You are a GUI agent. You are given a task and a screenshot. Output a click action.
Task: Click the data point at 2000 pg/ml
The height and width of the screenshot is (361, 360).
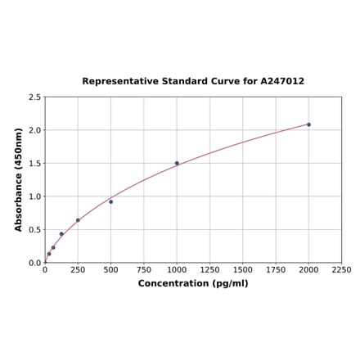(308, 124)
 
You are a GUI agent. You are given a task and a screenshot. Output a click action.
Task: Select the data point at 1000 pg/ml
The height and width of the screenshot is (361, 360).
(177, 163)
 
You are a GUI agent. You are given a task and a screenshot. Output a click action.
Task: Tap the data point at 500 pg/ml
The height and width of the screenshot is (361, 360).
(110, 201)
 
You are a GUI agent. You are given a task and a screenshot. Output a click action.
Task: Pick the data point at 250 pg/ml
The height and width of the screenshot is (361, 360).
(78, 220)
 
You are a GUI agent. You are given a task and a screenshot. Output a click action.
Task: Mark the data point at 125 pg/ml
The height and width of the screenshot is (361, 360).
(61, 234)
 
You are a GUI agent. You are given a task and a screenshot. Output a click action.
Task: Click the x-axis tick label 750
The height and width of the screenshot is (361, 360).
(143, 270)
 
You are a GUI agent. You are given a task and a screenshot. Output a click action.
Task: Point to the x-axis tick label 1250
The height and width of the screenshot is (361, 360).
(209, 270)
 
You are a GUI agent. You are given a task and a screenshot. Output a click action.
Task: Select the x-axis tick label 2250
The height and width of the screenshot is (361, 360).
(341, 270)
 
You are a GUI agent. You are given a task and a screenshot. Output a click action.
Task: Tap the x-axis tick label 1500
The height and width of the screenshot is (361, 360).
(242, 270)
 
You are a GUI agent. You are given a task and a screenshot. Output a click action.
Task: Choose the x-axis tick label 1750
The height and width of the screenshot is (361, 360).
(276, 270)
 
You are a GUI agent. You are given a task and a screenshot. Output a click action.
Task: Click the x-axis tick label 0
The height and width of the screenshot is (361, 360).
(45, 270)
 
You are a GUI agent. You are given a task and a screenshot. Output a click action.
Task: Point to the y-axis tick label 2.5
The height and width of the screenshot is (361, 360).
(35, 97)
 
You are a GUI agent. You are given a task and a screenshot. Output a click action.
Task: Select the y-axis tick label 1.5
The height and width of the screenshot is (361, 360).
(35, 164)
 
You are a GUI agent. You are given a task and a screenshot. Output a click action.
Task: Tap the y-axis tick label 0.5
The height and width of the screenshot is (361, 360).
(35, 230)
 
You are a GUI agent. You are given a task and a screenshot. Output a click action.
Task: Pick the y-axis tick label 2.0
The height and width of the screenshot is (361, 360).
(35, 130)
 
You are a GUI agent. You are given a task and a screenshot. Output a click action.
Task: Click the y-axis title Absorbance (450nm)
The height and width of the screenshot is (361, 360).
(19, 179)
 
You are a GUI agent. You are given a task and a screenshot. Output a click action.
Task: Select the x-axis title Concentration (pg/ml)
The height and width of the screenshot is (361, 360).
(193, 284)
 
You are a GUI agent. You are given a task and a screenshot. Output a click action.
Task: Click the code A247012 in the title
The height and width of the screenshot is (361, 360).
(282, 82)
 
